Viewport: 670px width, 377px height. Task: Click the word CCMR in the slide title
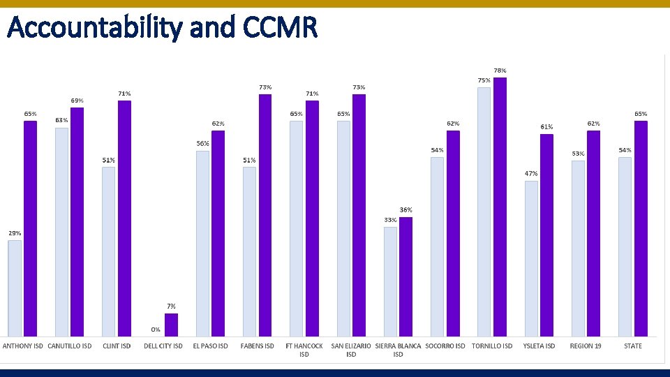point(281,28)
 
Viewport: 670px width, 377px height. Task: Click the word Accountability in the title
point(93,28)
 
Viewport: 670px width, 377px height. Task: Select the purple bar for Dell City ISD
point(171,325)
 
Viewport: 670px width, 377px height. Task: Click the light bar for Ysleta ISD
point(531,259)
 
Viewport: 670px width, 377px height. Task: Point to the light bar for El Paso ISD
point(202,244)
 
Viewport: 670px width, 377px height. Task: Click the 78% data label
point(500,71)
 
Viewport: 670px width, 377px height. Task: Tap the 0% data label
point(156,330)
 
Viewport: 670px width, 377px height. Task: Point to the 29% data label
point(15,232)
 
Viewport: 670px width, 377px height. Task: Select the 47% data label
point(531,173)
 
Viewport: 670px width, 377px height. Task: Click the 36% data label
point(405,209)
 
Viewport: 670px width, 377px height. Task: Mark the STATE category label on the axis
point(633,346)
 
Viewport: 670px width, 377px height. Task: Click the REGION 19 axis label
point(586,346)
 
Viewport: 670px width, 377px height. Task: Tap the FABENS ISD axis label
point(257,346)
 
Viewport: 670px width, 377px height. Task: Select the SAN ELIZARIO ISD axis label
point(351,350)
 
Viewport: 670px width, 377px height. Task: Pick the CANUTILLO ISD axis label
point(70,346)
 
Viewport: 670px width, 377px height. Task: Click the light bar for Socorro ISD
point(437,247)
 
